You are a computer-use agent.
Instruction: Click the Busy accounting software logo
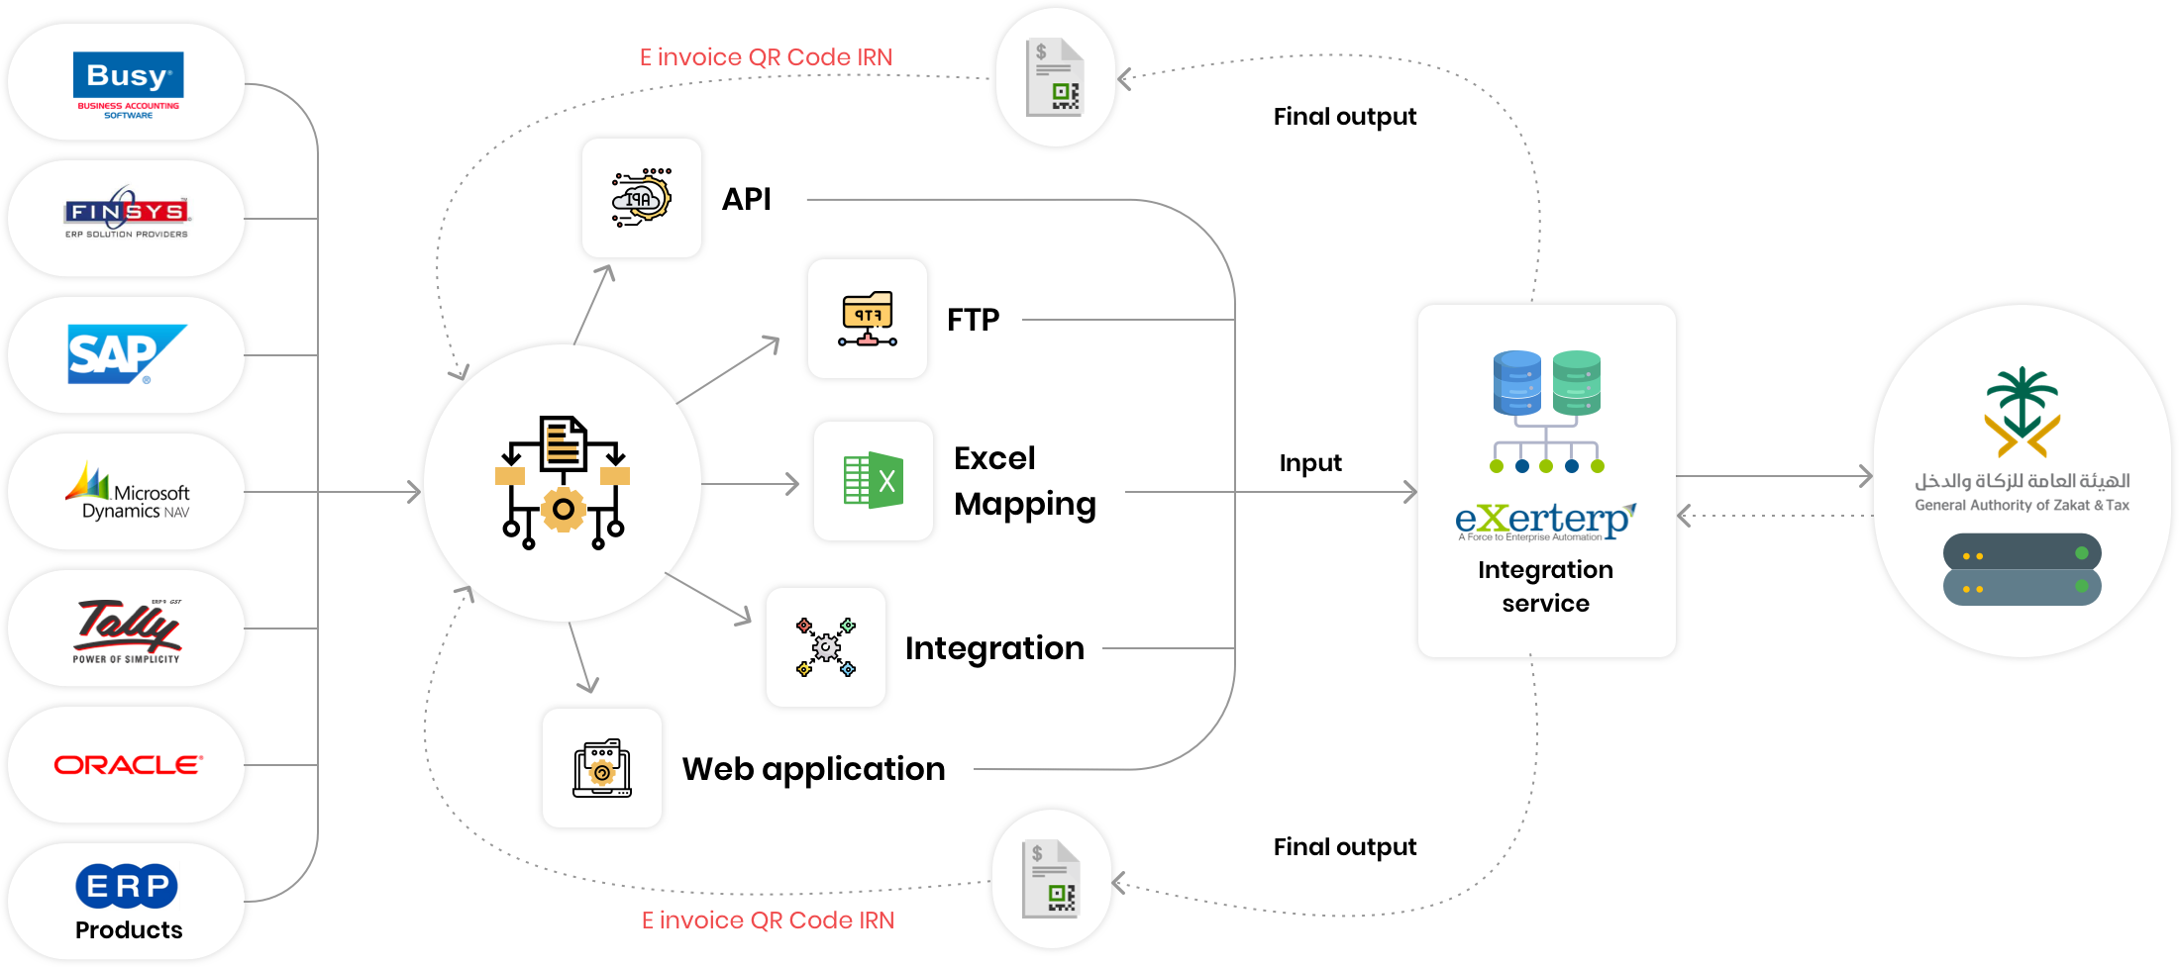[128, 83]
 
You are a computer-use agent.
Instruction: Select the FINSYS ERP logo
[127, 214]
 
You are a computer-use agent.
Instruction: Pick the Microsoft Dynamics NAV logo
[129, 493]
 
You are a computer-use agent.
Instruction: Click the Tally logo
[127, 628]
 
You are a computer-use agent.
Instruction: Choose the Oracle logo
[128, 765]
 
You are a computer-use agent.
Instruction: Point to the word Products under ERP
[129, 930]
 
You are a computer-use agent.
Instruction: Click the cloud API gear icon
[642, 198]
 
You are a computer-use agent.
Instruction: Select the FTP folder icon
[868, 319]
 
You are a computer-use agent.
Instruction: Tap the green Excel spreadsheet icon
[874, 481]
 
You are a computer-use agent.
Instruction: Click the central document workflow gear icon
[563, 483]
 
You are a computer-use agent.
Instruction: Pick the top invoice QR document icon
[1056, 77]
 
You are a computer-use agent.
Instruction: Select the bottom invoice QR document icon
[1052, 879]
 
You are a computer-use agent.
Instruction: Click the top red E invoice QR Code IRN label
[766, 57]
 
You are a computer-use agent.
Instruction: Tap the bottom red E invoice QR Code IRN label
[768, 920]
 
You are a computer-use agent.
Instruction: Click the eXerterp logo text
[1545, 520]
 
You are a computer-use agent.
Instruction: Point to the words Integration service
[1545, 586]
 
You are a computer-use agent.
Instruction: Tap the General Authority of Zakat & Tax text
[2022, 505]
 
